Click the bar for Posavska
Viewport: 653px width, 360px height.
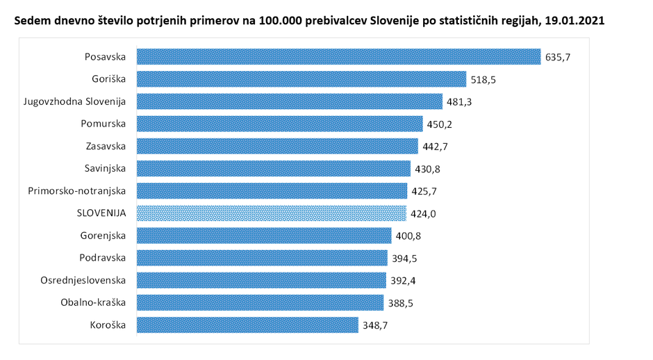click(x=338, y=56)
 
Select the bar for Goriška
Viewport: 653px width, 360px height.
click(x=301, y=79)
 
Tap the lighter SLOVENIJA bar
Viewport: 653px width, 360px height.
click(x=271, y=213)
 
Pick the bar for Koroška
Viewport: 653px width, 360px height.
click(x=247, y=325)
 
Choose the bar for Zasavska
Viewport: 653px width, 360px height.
click(x=277, y=146)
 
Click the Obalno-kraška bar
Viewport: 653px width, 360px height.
click(x=260, y=302)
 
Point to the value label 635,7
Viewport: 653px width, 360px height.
click(x=558, y=57)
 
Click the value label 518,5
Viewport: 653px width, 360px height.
click(x=483, y=79)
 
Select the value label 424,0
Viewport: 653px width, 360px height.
click(x=423, y=213)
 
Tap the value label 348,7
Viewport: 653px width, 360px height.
click(x=375, y=325)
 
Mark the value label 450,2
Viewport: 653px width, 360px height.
click(x=440, y=124)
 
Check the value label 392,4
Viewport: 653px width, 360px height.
click(x=403, y=280)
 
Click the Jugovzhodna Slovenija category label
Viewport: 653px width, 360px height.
click(x=74, y=101)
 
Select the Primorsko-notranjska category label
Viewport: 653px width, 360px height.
click(x=77, y=190)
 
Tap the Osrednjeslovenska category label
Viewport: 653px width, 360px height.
click(x=84, y=279)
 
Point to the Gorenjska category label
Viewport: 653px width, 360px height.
click(x=103, y=235)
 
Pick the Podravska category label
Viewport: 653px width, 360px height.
click(x=104, y=257)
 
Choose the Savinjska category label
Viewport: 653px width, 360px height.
click(x=105, y=168)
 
